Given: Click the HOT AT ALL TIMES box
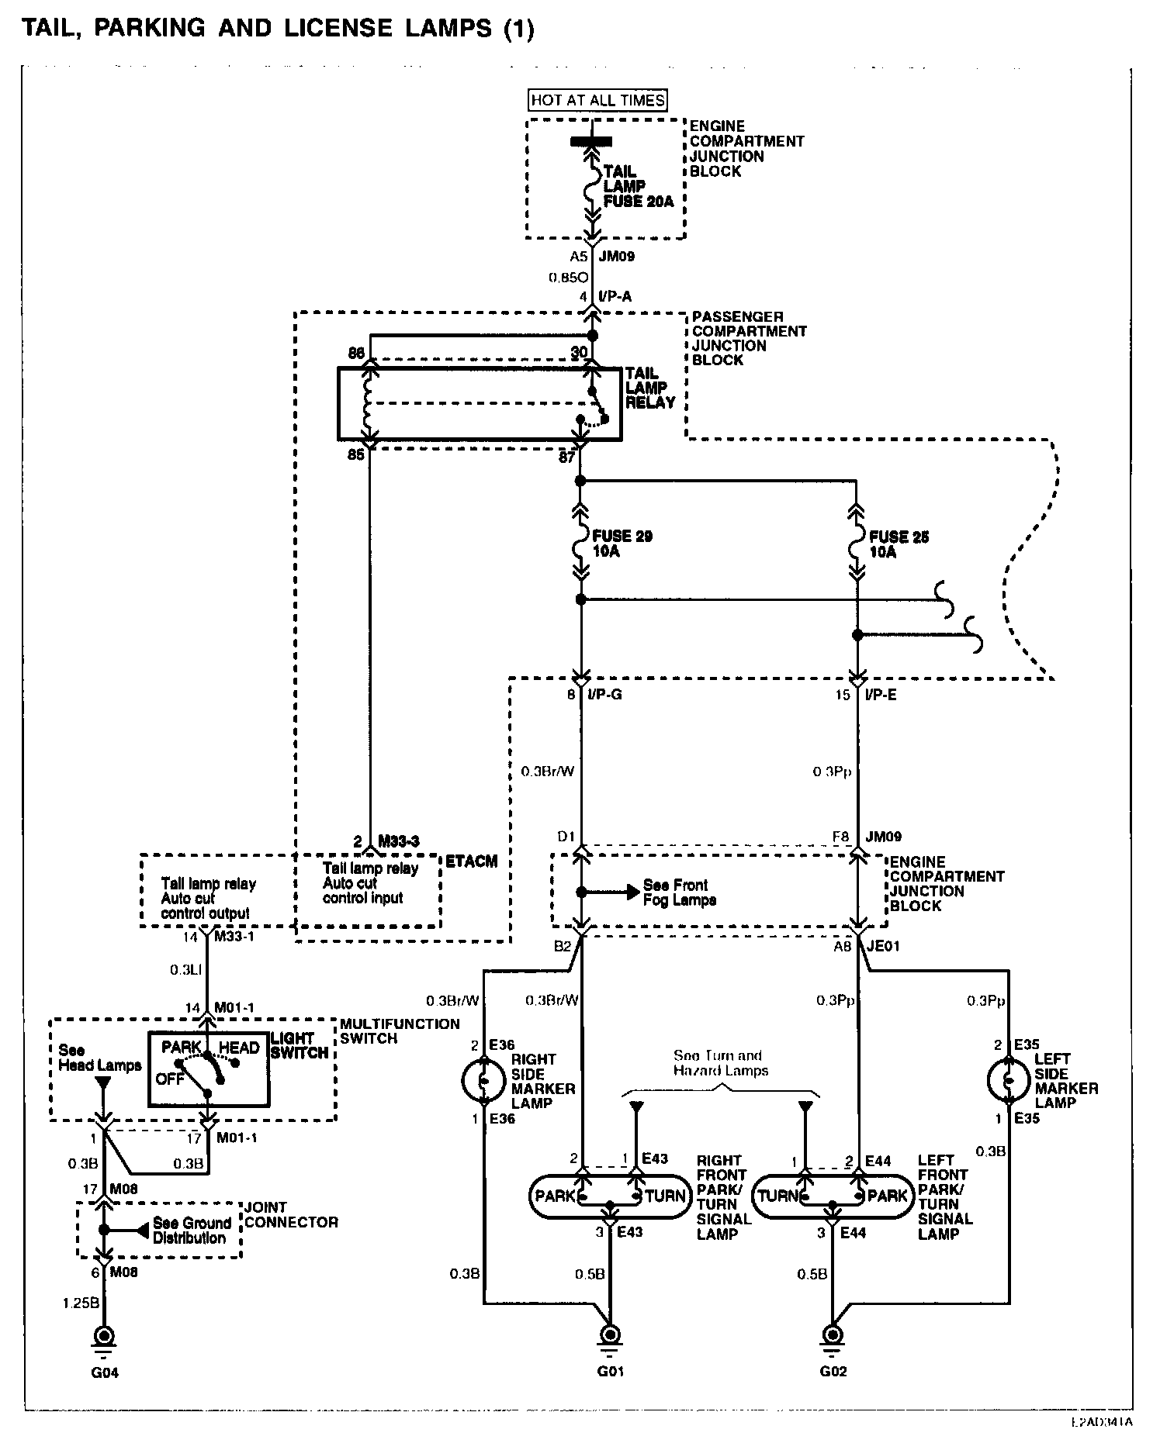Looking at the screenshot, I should (597, 100).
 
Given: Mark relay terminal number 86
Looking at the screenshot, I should (356, 354).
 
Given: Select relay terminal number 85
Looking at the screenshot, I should (356, 455).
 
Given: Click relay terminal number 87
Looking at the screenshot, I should (567, 458).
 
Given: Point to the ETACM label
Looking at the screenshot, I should (470, 861).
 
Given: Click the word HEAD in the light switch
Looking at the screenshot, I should (238, 1048).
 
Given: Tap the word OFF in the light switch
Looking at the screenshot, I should (170, 1079).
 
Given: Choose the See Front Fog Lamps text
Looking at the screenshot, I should (679, 892).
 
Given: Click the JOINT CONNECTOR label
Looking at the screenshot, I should (291, 1215).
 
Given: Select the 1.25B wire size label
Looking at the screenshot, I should (81, 1303).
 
